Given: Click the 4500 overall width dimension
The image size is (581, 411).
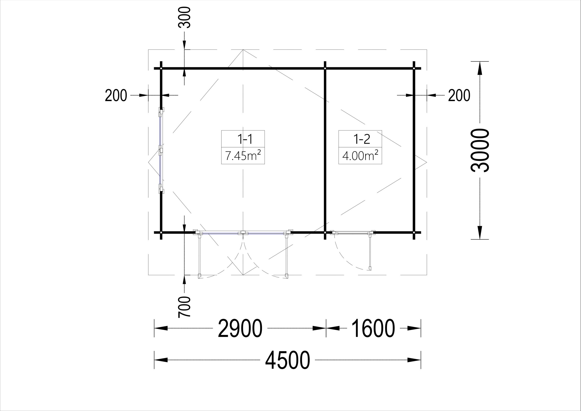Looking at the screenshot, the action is point(288,360).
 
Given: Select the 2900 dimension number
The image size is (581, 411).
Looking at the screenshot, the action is point(240,328).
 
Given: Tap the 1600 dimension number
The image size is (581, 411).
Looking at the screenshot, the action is point(373,328).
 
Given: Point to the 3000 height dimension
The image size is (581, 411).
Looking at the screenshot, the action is point(480,150).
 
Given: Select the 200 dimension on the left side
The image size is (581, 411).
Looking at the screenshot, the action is point(116,95).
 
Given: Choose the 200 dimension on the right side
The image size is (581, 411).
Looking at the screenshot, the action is point(459,95).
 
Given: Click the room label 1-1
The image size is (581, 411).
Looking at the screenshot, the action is point(245,139).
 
